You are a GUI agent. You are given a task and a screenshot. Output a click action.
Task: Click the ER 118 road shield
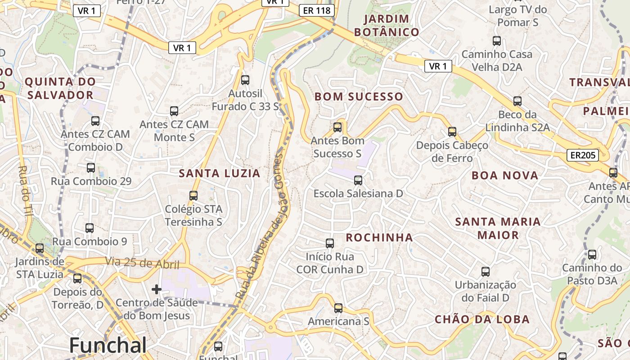click(317, 10)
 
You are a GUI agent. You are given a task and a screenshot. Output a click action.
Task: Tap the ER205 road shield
click(582, 156)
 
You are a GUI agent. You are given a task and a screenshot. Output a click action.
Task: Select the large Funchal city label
click(108, 346)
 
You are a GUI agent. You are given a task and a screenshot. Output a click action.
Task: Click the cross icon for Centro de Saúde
click(157, 289)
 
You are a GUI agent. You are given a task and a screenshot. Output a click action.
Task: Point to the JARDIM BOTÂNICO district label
click(387, 26)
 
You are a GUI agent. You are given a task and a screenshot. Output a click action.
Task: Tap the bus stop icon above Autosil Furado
click(245, 80)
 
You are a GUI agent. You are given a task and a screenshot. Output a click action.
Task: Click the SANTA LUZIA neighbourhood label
click(220, 173)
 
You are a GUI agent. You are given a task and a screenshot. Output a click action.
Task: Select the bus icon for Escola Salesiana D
click(358, 180)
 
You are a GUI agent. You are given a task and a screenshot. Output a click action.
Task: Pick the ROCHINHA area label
click(379, 238)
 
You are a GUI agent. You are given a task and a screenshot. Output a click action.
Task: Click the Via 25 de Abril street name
click(142, 262)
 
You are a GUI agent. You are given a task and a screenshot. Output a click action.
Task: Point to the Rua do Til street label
click(24, 191)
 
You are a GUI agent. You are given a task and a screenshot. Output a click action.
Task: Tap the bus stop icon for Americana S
click(338, 308)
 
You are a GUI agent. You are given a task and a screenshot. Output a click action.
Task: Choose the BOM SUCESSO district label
click(359, 97)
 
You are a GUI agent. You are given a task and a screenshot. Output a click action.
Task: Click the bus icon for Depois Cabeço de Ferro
click(452, 132)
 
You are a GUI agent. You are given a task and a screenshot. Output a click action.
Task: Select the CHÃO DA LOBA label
click(482, 319)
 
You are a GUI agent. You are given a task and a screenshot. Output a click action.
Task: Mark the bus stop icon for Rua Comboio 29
click(91, 168)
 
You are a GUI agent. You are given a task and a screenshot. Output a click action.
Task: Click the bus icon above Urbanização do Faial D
click(486, 272)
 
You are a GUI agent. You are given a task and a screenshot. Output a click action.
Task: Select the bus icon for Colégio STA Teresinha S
click(193, 196)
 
